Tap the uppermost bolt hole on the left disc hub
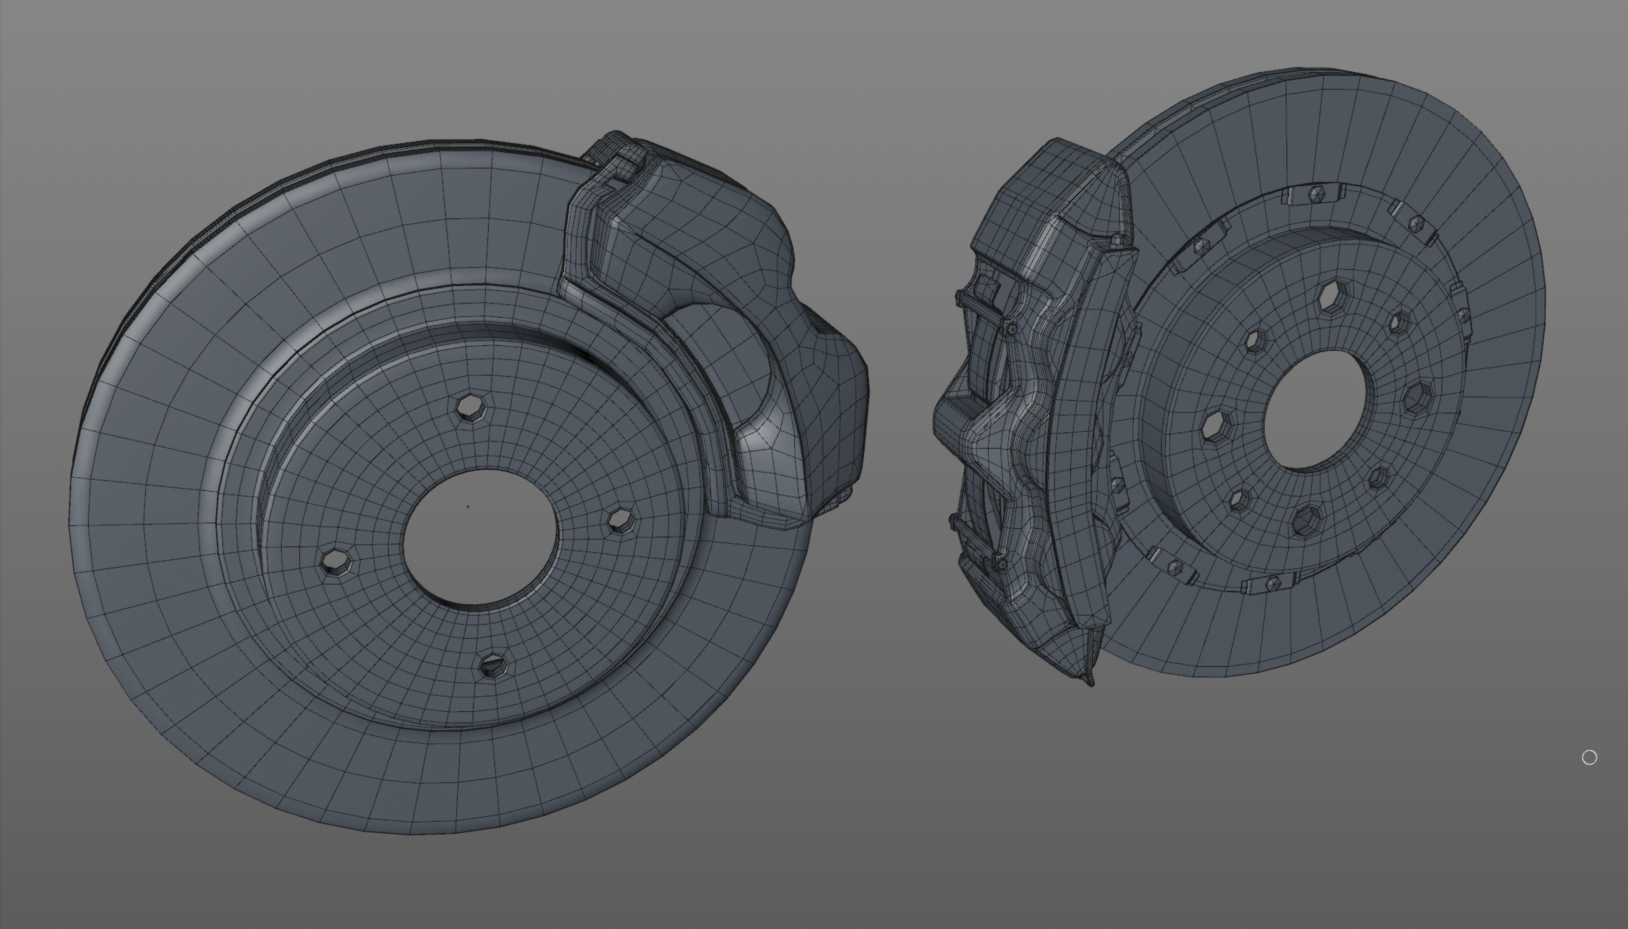473,407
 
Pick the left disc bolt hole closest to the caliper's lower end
619,520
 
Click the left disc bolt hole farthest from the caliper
334,562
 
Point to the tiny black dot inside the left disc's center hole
468,507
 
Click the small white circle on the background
1589,757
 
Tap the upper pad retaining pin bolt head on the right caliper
1010,328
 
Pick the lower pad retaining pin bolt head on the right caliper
999,562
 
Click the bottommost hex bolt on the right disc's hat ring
1272,583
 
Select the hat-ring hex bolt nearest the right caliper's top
1202,246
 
